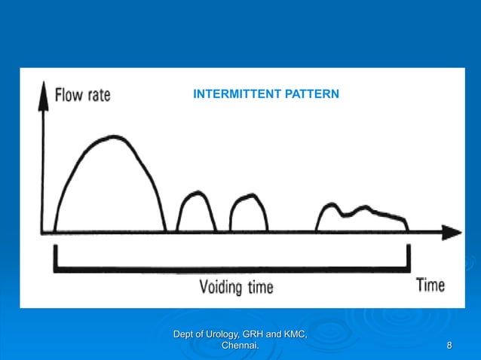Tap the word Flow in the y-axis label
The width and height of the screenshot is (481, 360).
[72, 96]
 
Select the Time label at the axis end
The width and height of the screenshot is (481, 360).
[430, 285]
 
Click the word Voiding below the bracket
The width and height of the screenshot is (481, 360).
[224, 287]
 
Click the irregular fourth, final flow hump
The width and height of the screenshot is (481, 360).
[363, 215]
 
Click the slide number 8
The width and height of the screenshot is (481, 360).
[450, 346]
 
